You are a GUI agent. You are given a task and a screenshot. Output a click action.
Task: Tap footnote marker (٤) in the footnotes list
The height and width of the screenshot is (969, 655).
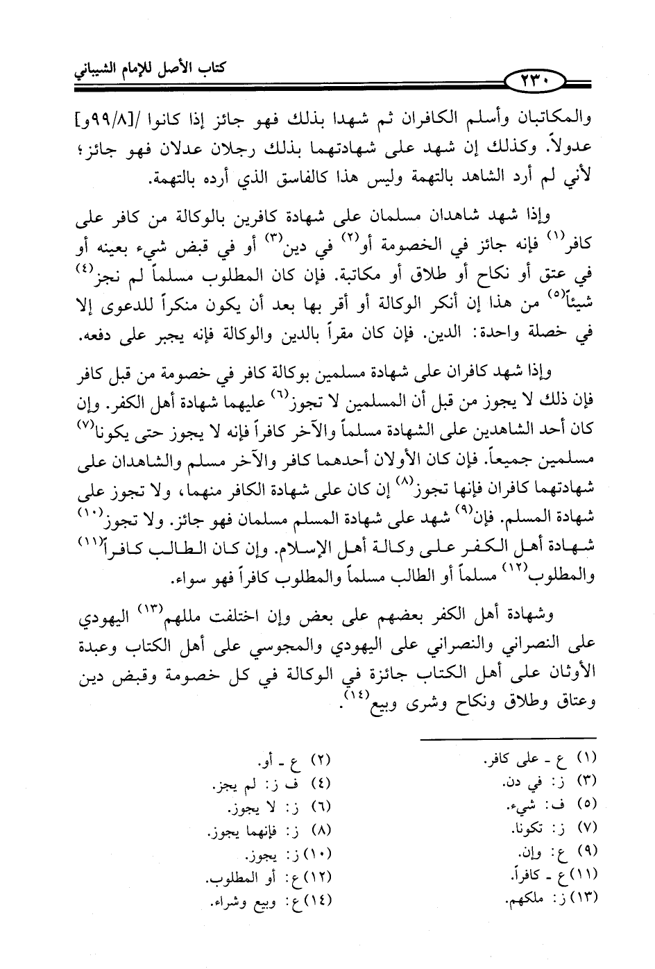320,784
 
